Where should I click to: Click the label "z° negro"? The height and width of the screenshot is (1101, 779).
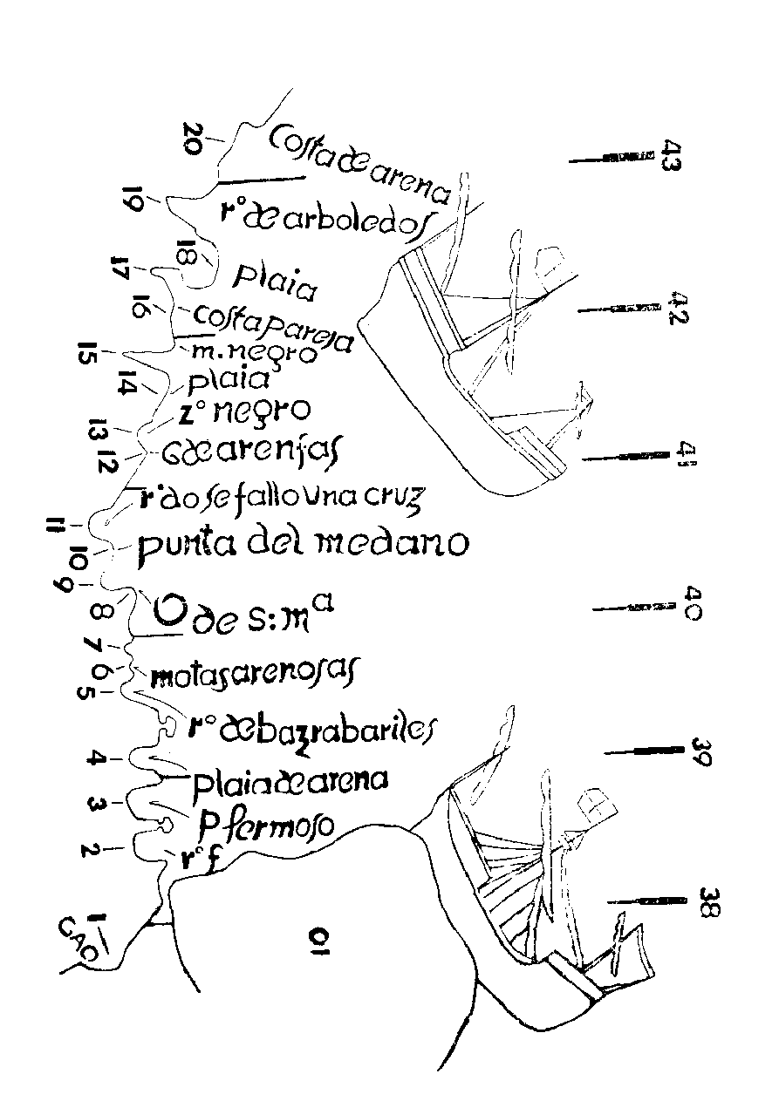(x=249, y=409)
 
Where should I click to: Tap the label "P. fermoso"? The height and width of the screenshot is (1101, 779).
(x=266, y=824)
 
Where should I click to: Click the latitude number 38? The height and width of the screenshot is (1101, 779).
(x=708, y=901)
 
